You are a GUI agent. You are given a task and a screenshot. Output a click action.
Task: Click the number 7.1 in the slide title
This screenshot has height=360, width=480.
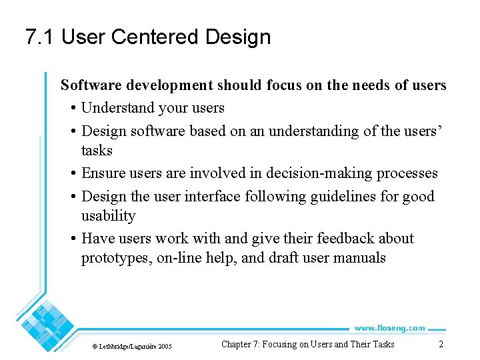coord(40,37)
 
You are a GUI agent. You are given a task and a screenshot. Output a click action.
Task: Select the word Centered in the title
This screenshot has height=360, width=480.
coord(155,37)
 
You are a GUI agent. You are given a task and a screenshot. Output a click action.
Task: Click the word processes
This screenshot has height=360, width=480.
coord(407,173)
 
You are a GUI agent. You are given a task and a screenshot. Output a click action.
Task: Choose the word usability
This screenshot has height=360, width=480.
coord(108,216)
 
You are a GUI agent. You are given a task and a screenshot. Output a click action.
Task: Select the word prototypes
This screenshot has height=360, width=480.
coord(116,258)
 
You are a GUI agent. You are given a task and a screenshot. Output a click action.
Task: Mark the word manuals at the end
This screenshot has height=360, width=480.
coord(359,258)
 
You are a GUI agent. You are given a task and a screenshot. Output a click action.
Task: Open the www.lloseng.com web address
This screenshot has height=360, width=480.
coord(389,327)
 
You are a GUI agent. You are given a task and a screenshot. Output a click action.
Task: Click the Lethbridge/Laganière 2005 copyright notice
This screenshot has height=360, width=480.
coord(131,346)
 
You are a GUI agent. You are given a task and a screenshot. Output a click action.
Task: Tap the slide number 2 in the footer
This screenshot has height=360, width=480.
coord(441,344)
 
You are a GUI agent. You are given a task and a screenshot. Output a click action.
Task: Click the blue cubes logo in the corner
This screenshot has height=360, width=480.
coord(47,325)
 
